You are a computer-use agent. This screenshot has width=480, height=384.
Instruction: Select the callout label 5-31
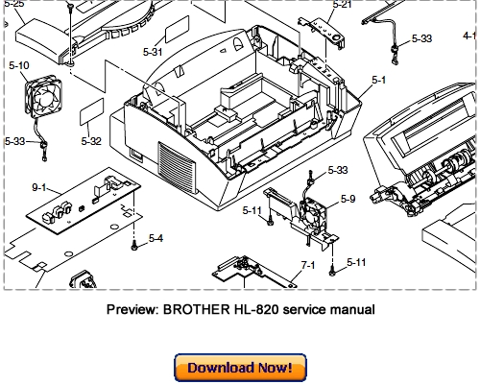154,51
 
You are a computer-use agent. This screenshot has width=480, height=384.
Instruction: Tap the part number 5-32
91,141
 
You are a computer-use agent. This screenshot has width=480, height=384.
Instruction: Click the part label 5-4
155,238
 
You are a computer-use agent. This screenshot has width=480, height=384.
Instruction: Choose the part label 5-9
347,199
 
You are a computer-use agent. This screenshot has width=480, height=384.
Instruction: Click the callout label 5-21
342,5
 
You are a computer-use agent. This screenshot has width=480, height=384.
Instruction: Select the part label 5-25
14,5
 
